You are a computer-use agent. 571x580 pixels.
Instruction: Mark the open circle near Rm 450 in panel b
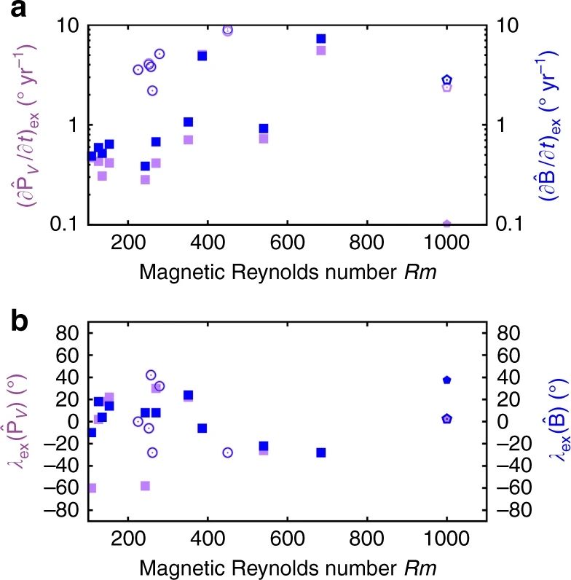(x=228, y=452)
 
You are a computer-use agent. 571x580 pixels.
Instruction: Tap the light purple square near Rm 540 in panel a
(x=264, y=138)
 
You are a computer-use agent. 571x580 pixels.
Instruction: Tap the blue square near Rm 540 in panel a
(x=264, y=128)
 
